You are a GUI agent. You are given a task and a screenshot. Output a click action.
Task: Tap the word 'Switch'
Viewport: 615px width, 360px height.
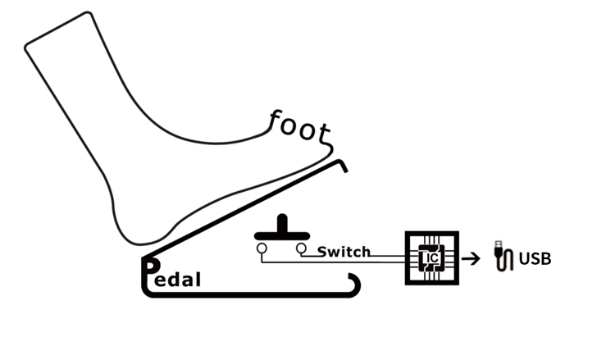[x=344, y=252]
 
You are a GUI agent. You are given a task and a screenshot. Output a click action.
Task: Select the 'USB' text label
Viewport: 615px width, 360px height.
[x=535, y=259]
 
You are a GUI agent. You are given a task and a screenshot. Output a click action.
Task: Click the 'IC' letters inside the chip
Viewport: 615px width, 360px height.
[x=432, y=258]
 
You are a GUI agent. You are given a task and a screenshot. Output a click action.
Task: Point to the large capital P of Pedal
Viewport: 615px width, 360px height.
[x=151, y=268]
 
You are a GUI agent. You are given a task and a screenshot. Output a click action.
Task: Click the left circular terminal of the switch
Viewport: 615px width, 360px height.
[x=262, y=248]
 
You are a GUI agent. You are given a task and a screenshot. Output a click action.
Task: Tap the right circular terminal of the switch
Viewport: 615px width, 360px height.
[x=301, y=248]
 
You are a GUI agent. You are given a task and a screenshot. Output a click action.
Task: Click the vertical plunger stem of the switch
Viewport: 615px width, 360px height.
[x=282, y=224]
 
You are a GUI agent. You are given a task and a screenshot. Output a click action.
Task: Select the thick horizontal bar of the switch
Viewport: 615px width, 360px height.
[x=282, y=235]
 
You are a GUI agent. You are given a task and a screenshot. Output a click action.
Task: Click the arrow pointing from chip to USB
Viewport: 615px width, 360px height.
[x=471, y=258]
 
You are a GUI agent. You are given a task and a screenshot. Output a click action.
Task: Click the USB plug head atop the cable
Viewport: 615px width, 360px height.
[x=499, y=244]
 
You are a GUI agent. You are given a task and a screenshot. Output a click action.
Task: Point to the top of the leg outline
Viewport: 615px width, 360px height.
[x=58, y=30]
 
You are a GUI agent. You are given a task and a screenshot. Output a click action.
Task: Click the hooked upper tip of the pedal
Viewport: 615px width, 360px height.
[x=342, y=165]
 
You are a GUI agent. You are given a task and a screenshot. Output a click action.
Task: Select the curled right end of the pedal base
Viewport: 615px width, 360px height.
[x=355, y=285]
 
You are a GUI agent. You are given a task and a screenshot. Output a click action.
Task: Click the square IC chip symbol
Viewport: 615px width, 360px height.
[x=432, y=258]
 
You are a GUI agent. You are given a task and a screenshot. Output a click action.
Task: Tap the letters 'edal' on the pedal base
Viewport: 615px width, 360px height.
[x=178, y=280]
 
